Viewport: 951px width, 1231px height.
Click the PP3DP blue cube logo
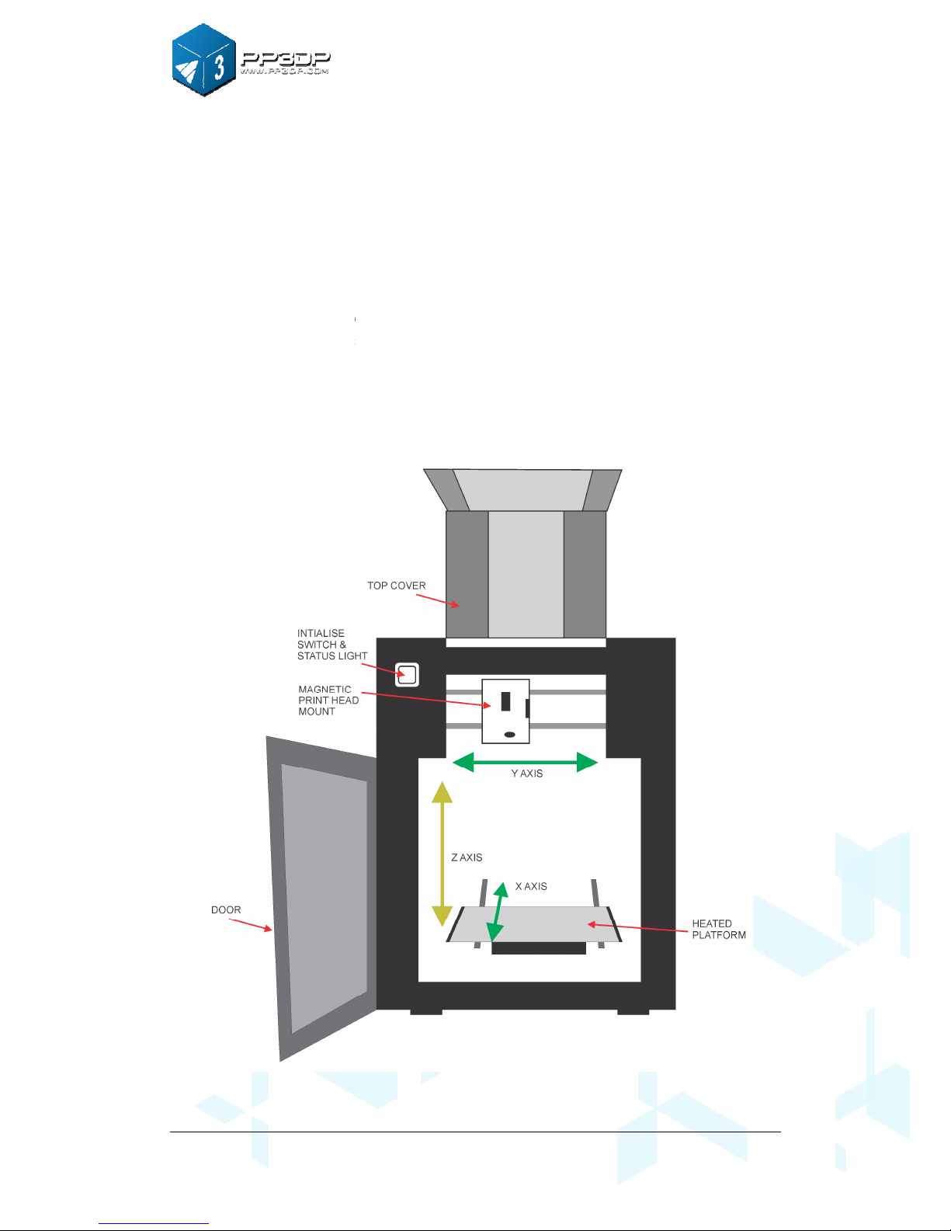point(203,61)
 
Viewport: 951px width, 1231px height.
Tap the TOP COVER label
point(396,586)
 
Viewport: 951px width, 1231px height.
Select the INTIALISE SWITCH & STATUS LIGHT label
point(331,645)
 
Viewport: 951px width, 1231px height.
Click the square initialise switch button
point(408,674)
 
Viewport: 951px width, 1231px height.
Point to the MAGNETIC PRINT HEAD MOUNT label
point(328,701)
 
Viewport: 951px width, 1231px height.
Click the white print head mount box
point(505,711)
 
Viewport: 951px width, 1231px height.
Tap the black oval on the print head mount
point(509,734)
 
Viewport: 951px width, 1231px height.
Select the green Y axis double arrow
point(525,763)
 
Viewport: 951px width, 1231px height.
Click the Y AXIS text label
point(527,774)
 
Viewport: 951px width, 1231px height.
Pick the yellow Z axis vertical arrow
point(442,854)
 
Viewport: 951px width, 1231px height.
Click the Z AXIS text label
point(467,857)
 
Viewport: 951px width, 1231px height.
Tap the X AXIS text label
point(531,886)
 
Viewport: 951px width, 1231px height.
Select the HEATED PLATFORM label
point(719,929)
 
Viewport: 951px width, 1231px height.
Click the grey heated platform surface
point(543,923)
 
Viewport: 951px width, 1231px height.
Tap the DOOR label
point(226,909)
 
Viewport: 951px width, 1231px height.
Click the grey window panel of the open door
point(325,893)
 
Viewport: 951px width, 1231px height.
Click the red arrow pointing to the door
point(252,924)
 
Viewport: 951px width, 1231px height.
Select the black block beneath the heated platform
point(539,948)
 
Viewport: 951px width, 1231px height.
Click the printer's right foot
point(633,1012)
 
